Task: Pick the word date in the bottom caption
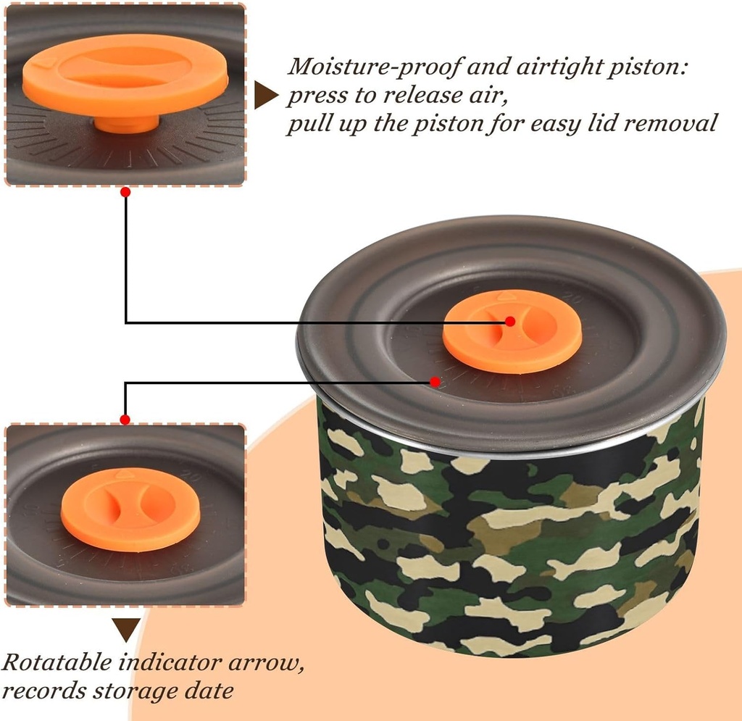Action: (211, 691)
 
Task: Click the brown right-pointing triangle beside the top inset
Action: (266, 95)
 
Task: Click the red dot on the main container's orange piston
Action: (510, 321)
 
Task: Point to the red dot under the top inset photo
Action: (125, 192)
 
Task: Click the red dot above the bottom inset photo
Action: (125, 420)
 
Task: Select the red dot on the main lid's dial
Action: (435, 380)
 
